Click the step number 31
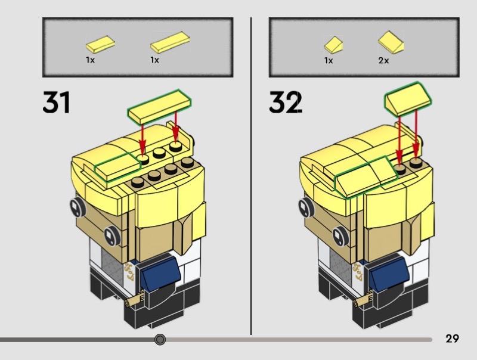[x=57, y=102]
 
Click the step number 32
[x=286, y=102]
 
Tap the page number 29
[x=452, y=339]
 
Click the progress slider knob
[x=160, y=339]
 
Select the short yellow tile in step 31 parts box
[x=100, y=44]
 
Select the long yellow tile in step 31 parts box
[x=170, y=42]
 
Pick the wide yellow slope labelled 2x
[x=391, y=42]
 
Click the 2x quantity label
[x=383, y=61]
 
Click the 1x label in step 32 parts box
[x=329, y=61]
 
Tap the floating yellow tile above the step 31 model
[x=159, y=107]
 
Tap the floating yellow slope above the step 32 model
[x=408, y=99]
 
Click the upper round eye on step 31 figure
[x=78, y=207]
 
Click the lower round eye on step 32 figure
[x=339, y=236]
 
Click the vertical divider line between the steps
[x=251, y=176]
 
